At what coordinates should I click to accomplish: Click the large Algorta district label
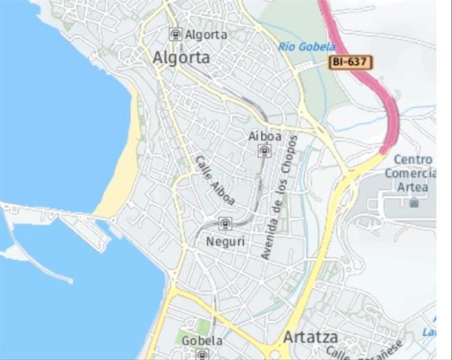tap(182, 58)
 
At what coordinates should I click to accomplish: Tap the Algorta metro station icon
tap(175, 34)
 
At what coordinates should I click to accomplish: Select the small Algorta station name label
tap(206, 35)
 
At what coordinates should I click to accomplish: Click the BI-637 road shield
tap(351, 62)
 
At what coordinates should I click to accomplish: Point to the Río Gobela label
tap(306, 46)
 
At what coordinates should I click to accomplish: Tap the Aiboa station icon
tap(264, 151)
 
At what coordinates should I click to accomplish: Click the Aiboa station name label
tap(264, 136)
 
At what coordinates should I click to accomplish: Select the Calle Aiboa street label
tap(215, 181)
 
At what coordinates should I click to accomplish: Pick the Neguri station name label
tap(223, 241)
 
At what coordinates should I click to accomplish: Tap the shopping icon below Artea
tap(414, 203)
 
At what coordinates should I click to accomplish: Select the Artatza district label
tap(310, 337)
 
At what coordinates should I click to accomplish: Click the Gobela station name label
tap(202, 340)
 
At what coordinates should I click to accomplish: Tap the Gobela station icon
tap(202, 354)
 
